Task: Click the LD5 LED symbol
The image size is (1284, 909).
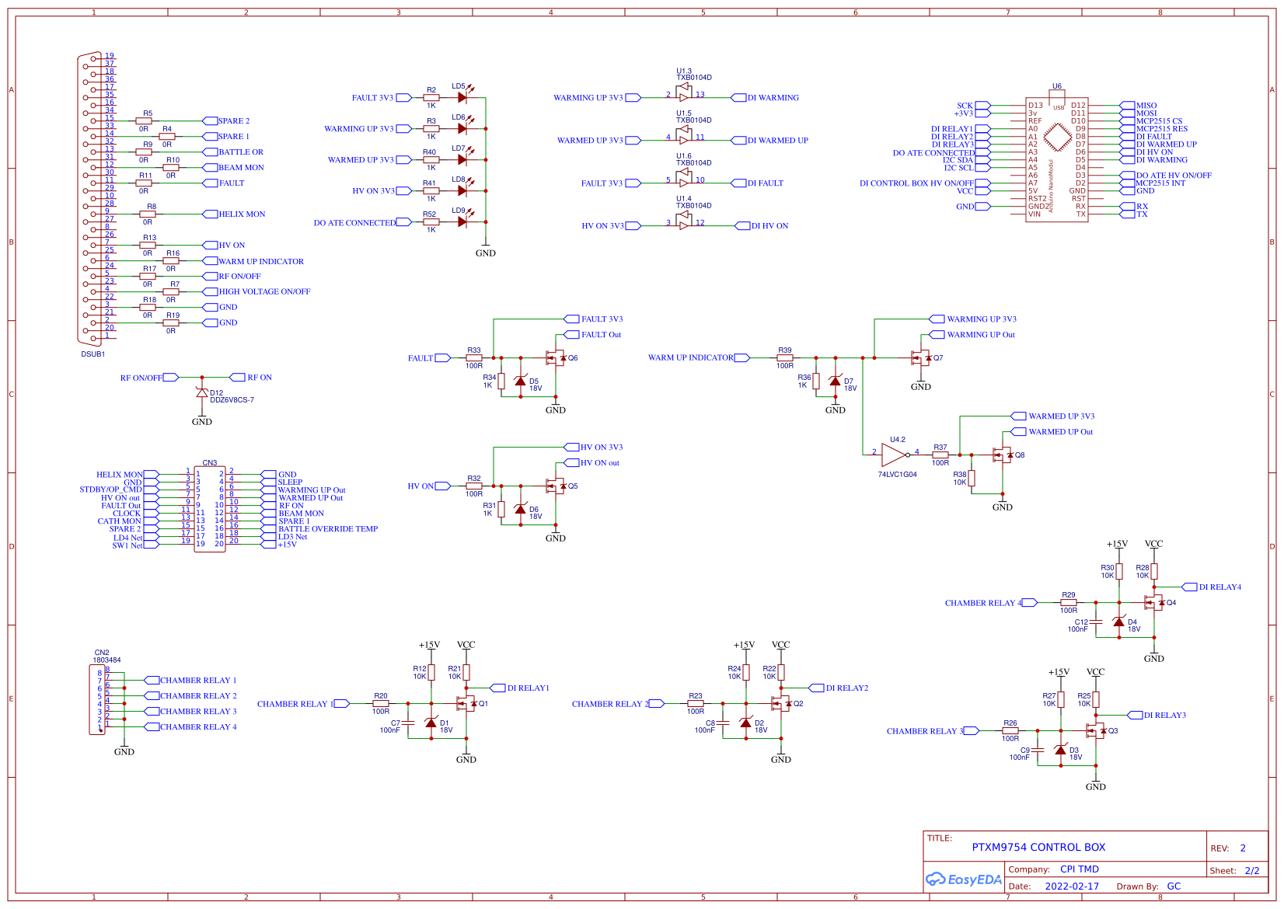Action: point(463,98)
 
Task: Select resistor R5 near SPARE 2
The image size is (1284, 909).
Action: point(144,121)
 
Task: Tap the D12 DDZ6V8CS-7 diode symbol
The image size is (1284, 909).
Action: point(202,393)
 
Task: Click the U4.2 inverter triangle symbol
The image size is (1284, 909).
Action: point(894,455)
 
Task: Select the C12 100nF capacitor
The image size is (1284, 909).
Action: point(1096,622)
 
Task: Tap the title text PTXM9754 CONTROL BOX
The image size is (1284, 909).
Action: point(1038,848)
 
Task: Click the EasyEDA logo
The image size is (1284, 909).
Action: point(963,879)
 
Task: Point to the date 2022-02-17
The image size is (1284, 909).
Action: point(1072,886)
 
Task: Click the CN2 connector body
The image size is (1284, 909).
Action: point(97,699)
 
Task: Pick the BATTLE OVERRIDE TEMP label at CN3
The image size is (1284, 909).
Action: point(327,529)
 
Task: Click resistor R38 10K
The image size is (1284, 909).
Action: point(972,478)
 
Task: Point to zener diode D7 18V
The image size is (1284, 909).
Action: point(836,381)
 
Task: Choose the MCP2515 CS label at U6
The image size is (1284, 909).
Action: point(1158,121)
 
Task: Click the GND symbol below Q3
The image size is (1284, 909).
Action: point(1096,785)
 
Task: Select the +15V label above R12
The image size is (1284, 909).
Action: point(429,645)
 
